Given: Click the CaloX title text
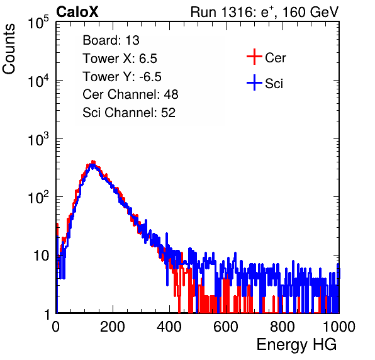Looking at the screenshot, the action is [x=77, y=12].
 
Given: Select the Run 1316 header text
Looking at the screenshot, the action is [x=264, y=12].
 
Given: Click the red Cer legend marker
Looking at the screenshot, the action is [x=254, y=57].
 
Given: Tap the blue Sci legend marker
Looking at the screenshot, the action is [x=254, y=82].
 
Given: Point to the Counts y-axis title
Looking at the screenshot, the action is [x=9, y=49].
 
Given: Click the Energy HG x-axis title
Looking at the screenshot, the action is [x=296, y=345].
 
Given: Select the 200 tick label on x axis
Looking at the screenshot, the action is [x=113, y=327].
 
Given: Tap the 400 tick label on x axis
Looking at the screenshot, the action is [x=169, y=327].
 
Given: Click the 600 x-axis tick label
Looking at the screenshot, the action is [x=226, y=327].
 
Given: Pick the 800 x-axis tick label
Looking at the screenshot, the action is [x=283, y=327].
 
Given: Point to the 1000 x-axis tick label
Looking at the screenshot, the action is [x=339, y=327].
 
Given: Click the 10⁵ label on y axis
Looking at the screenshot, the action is [x=38, y=22].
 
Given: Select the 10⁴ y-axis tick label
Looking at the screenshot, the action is [x=38, y=81].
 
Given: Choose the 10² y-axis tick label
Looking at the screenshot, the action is [x=38, y=197].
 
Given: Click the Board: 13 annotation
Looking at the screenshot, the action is [x=111, y=40].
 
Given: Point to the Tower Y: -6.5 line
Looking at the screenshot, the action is [x=122, y=77].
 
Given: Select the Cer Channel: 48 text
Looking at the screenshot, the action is [x=130, y=94].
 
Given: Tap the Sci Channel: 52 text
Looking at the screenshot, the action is [x=129, y=112].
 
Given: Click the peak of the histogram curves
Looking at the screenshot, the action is [x=92, y=162].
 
